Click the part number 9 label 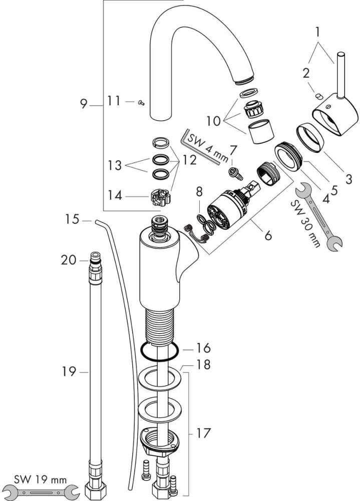coord(84,104)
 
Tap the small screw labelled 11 coord(141,102)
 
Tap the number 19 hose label coord(69,372)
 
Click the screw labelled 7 coord(234,173)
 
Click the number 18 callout coord(203,365)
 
